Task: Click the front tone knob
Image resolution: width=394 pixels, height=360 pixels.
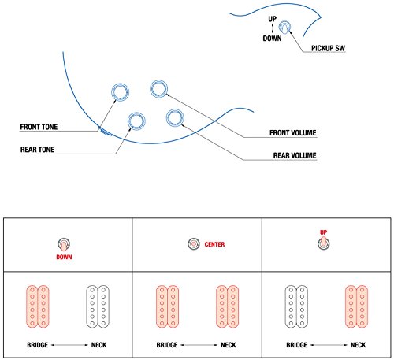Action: point(120,92)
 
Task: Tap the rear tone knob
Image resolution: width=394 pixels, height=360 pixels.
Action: point(136,121)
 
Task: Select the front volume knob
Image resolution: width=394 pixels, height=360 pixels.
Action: point(158,88)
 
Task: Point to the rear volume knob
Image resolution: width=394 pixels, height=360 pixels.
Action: point(175,117)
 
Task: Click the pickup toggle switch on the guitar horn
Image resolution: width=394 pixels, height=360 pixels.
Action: point(284,27)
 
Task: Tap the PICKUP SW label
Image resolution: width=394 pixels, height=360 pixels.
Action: point(328,48)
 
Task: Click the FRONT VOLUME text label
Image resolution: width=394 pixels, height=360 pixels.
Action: point(293,133)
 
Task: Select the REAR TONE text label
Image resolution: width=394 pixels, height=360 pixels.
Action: point(37,150)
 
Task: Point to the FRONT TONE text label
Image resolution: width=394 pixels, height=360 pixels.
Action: point(39,127)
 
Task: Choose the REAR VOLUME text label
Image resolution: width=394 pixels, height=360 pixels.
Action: point(295,155)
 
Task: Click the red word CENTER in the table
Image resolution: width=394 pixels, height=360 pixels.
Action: point(214,244)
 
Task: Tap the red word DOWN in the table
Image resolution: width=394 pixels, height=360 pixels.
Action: point(64,257)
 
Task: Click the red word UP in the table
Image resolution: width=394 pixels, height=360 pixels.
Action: point(323,232)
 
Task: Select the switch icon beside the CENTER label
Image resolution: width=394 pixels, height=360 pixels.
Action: point(194,244)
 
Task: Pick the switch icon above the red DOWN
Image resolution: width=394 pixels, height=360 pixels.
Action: point(64,244)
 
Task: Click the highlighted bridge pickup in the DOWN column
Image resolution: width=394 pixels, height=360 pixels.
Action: point(38,306)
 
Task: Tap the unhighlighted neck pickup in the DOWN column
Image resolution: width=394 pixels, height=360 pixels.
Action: point(98,306)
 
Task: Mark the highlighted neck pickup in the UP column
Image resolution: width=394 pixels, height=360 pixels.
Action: point(356,306)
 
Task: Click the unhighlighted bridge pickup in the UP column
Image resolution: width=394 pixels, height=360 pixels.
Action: point(296,306)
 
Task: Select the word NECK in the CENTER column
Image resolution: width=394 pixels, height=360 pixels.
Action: point(229,345)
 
